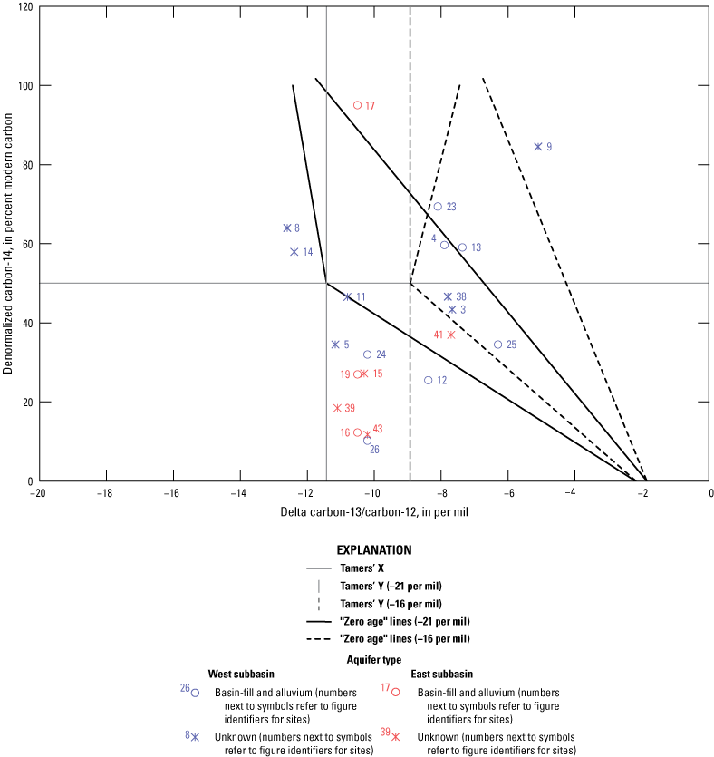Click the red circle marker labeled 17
click(x=357, y=105)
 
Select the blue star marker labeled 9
click(x=538, y=146)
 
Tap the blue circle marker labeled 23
click(x=438, y=207)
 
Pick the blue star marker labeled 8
click(x=287, y=228)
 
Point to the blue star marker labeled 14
click(x=294, y=252)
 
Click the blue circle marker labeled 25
click(x=497, y=345)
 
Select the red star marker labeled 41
click(x=450, y=335)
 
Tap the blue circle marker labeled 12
click(x=429, y=380)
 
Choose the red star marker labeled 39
click(x=337, y=408)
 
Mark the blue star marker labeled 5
click(x=335, y=345)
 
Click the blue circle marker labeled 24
click(x=368, y=354)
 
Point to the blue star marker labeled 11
click(x=347, y=296)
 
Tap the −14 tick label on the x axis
click(x=238, y=493)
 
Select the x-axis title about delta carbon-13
click(x=373, y=512)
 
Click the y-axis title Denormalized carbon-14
click(x=9, y=241)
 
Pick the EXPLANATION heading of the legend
click(x=374, y=549)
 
